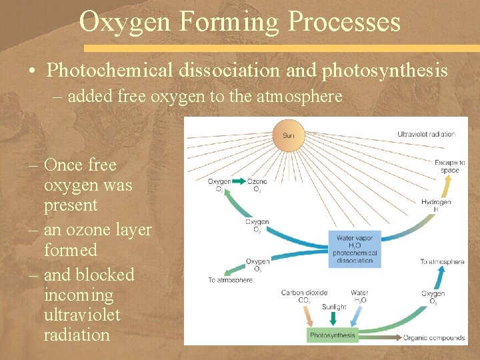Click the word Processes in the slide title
point(344,21)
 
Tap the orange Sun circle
point(288,135)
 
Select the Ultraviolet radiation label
point(426,134)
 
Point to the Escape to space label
point(449,166)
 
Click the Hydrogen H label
point(436,205)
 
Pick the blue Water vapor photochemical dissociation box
point(355,249)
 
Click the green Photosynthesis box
point(333,335)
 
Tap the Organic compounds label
point(433,337)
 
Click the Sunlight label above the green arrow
point(334,307)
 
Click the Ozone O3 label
point(257,185)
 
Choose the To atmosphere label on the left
point(230,280)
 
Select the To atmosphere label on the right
point(442,262)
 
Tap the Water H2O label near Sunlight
point(359,296)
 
